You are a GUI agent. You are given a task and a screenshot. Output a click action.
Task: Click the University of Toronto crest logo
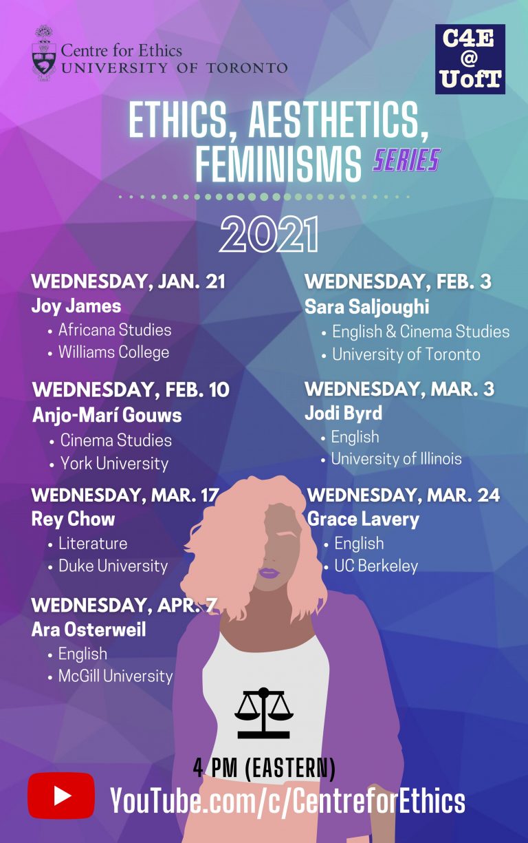[44, 53]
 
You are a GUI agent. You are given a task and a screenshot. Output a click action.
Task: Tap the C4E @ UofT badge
[470, 59]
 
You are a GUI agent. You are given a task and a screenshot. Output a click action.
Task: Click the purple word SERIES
[406, 160]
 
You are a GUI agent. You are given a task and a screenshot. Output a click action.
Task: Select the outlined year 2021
[269, 234]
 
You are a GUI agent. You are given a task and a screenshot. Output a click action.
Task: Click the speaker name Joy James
[76, 306]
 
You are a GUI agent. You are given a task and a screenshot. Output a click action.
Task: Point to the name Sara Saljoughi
[366, 307]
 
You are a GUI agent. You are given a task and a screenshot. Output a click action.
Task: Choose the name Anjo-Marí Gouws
[107, 415]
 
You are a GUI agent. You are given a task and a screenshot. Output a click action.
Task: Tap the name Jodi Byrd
[343, 413]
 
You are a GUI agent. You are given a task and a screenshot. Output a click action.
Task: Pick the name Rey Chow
[74, 519]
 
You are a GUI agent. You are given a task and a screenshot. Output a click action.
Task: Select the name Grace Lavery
[363, 520]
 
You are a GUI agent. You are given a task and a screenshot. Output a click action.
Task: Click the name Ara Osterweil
[89, 629]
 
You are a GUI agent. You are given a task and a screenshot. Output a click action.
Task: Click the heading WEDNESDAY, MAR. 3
[399, 389]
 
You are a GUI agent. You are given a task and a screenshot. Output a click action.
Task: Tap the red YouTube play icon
[61, 796]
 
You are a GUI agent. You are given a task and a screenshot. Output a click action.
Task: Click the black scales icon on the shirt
[263, 713]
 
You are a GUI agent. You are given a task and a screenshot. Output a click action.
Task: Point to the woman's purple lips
[269, 573]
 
